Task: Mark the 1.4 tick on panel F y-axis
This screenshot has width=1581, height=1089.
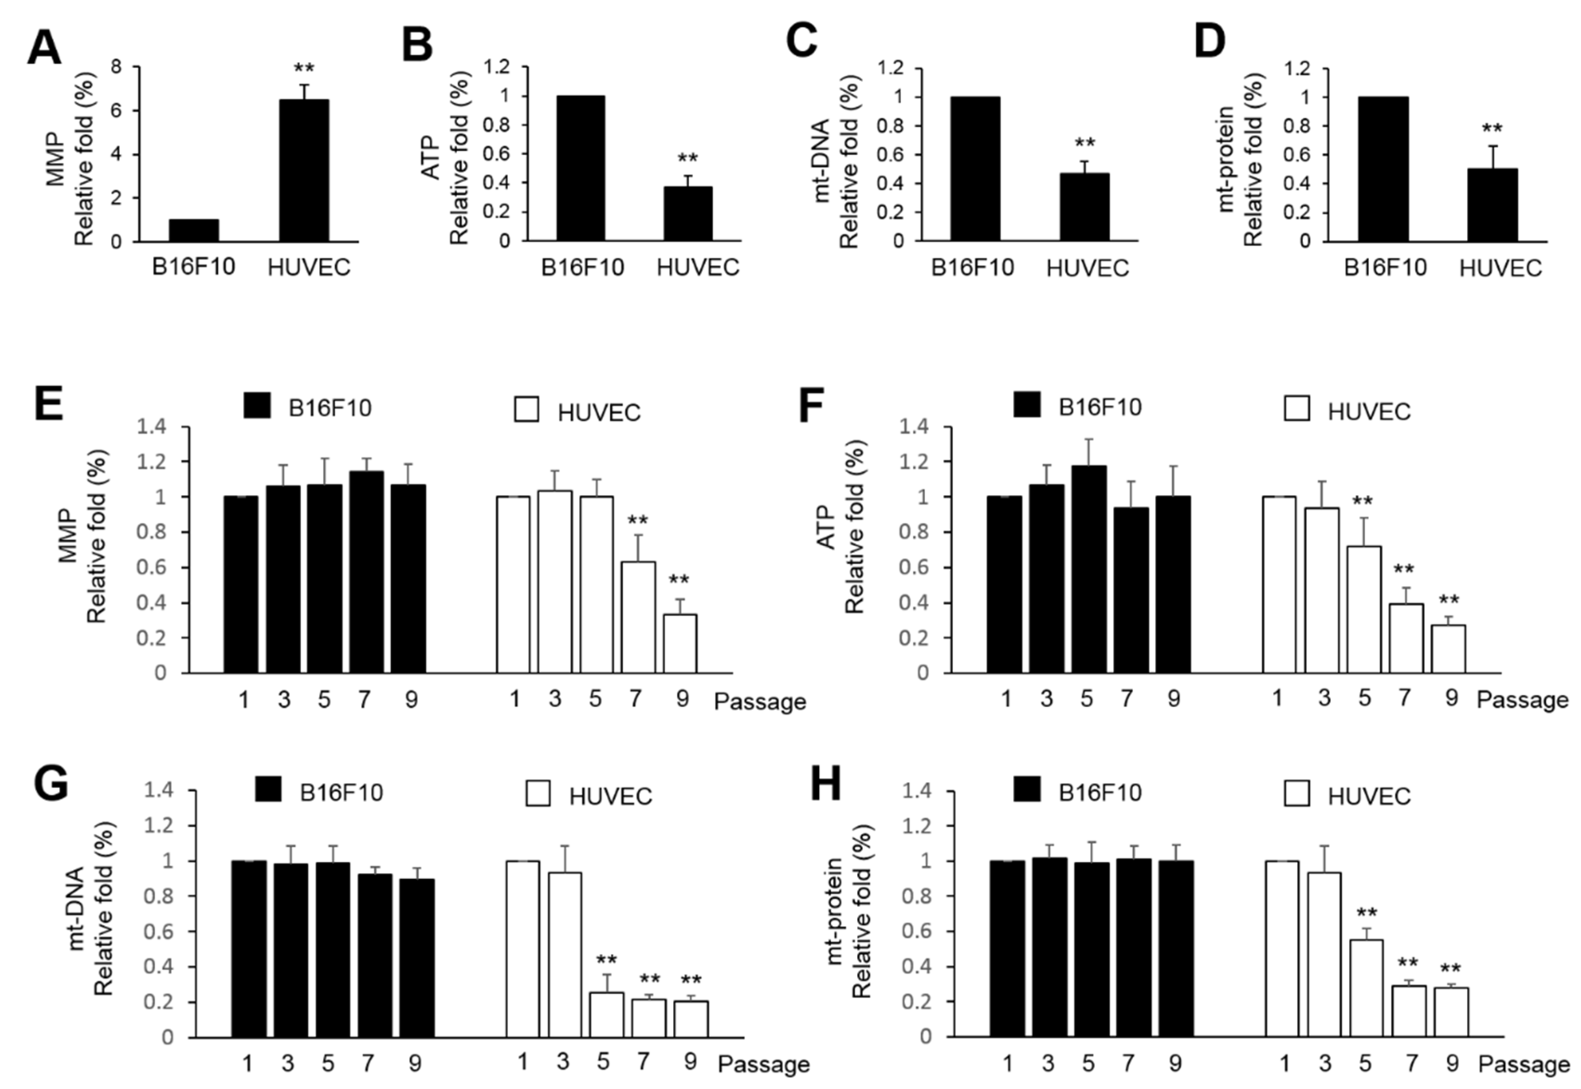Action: pos(914,427)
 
